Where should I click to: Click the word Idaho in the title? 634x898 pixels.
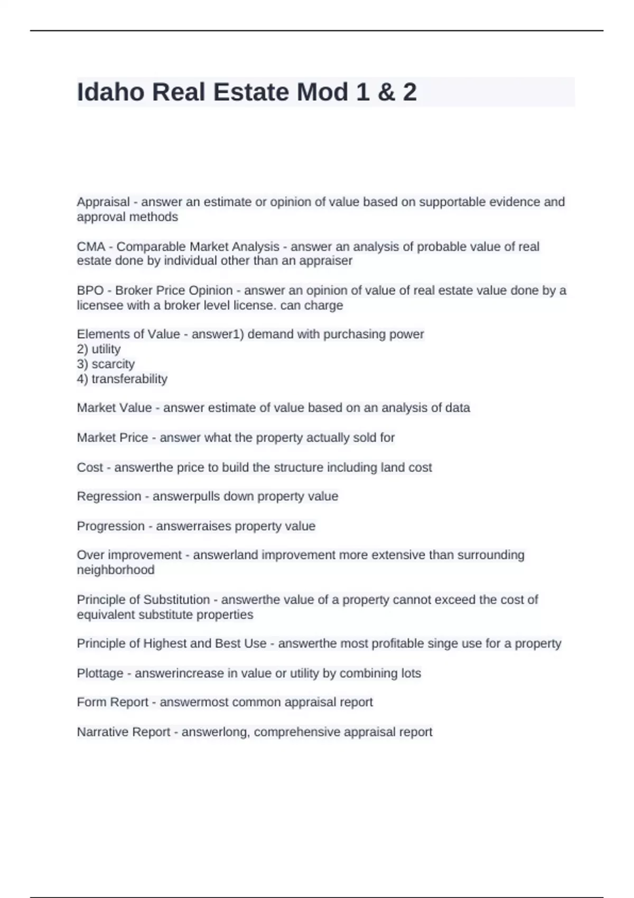tap(110, 92)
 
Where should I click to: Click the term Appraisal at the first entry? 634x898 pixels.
tap(103, 202)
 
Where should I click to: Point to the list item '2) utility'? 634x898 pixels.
tap(99, 349)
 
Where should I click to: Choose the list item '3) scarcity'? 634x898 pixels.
tap(106, 364)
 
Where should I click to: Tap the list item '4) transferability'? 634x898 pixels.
tap(122, 379)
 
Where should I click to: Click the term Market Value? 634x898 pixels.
tap(114, 408)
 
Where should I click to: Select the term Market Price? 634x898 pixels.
tap(113, 438)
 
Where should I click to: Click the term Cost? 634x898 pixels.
tap(90, 467)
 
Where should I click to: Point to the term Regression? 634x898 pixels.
tap(109, 497)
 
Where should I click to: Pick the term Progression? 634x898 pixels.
tap(110, 526)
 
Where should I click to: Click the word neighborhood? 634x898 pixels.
tap(116, 570)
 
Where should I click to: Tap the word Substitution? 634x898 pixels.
tap(176, 600)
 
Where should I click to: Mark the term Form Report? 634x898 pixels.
tap(113, 702)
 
